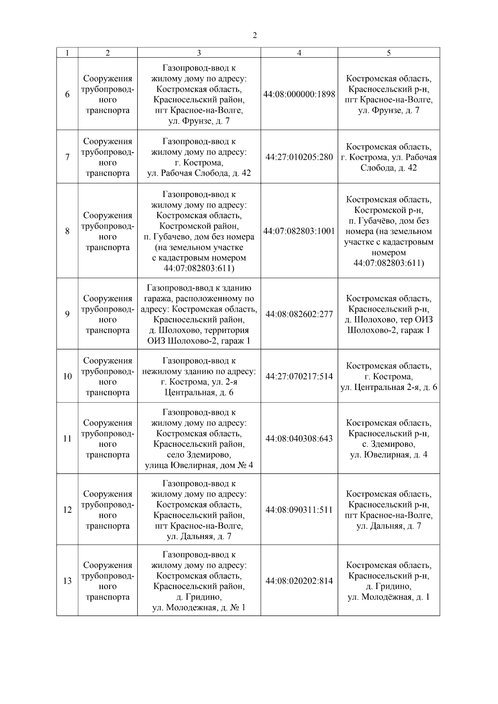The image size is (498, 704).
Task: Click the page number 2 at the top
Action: point(254,36)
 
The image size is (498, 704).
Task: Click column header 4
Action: point(299,53)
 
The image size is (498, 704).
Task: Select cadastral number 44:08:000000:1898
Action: point(299,94)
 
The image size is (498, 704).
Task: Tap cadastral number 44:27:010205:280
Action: point(299,157)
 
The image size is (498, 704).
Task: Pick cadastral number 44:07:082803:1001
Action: point(299,231)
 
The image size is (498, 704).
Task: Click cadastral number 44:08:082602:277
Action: point(299,314)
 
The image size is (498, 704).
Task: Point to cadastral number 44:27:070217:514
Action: point(299,376)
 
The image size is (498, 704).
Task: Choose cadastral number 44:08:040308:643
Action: point(299,438)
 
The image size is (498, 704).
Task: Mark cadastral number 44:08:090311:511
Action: point(299,509)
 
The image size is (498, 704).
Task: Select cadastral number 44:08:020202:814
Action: point(299,581)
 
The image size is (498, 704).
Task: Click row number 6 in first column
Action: point(67,94)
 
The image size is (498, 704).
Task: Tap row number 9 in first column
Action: point(67,314)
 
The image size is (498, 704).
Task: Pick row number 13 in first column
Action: point(67,581)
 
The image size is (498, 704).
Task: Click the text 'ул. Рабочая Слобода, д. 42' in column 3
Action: point(199,173)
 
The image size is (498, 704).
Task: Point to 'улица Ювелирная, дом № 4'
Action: point(199,465)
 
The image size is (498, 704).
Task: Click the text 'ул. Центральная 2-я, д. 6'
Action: point(388,387)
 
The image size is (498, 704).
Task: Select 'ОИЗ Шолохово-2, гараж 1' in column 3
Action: point(199,341)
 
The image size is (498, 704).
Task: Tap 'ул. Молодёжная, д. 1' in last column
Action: point(388,597)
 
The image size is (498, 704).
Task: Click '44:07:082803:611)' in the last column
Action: point(388,263)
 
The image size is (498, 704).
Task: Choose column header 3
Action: point(199,53)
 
